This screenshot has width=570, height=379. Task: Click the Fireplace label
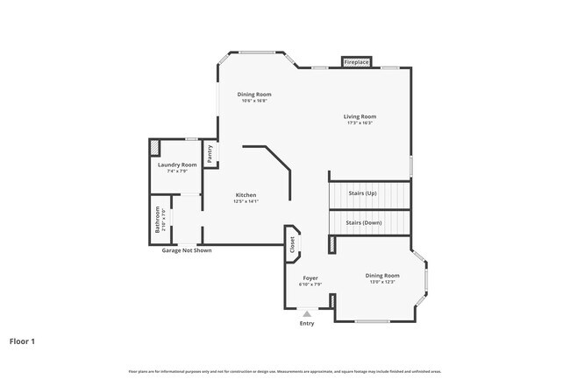click(x=356, y=63)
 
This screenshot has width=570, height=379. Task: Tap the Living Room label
click(x=360, y=116)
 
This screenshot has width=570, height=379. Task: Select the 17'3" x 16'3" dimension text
click(x=360, y=123)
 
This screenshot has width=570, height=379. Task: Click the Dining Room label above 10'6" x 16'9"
click(x=254, y=95)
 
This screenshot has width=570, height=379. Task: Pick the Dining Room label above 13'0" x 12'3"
click(x=382, y=276)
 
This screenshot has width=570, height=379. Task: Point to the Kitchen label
click(x=246, y=194)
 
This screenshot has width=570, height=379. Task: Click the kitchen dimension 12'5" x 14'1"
click(x=246, y=201)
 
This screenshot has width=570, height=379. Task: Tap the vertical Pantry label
click(x=210, y=153)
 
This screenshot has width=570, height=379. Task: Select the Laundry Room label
click(x=177, y=165)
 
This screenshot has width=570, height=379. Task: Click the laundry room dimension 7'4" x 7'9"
click(x=177, y=172)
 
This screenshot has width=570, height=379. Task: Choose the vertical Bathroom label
click(x=158, y=219)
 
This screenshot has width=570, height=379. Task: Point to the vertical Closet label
click(x=292, y=246)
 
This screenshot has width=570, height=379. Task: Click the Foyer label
click(x=310, y=277)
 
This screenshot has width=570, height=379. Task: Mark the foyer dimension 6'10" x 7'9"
click(x=310, y=284)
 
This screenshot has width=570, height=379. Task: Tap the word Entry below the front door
click(x=307, y=324)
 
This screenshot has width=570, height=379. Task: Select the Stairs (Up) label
click(x=363, y=193)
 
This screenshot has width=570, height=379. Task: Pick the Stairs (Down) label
click(x=363, y=223)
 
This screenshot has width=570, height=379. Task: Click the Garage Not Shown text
click(x=187, y=251)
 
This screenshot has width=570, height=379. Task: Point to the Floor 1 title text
click(x=23, y=340)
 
